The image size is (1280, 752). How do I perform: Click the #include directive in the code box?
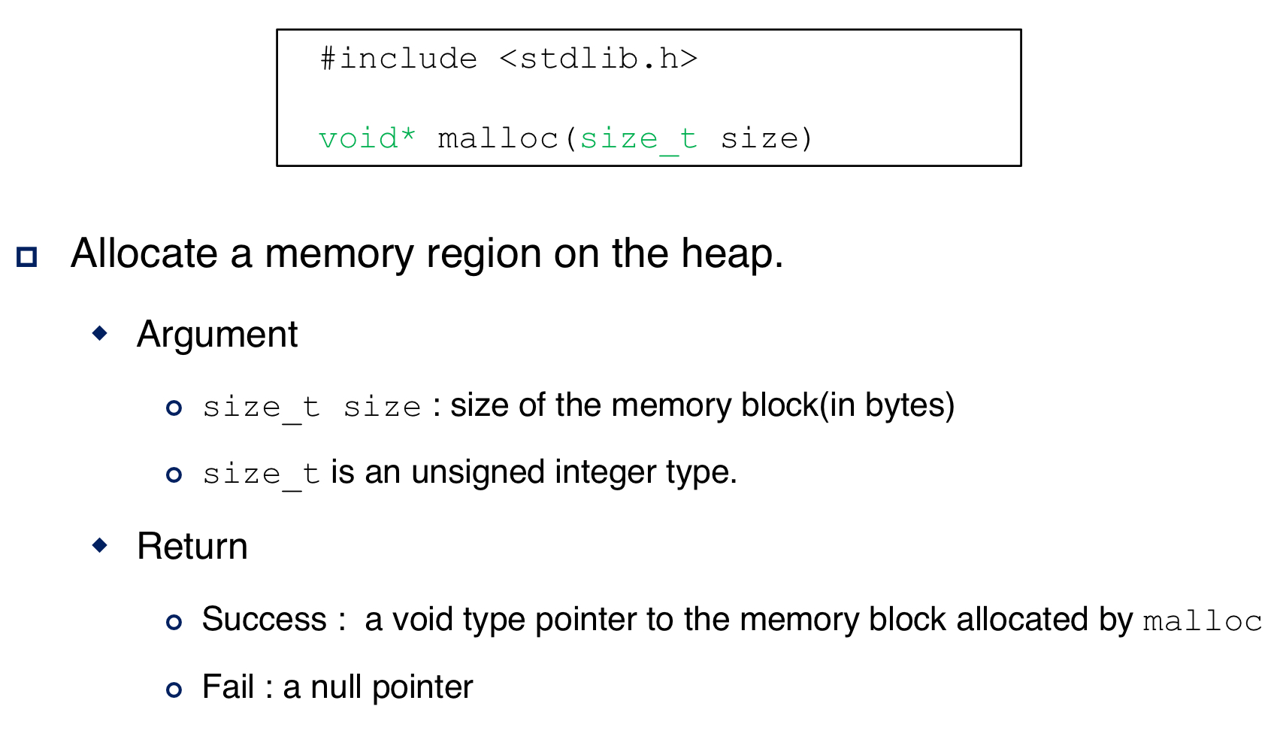(x=398, y=59)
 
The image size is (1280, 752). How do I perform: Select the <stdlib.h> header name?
(x=598, y=59)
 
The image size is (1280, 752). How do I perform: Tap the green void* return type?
(x=367, y=138)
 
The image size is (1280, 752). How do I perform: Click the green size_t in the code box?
(x=638, y=138)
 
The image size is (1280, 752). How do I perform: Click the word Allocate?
(x=144, y=253)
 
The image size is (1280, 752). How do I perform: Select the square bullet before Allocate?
(x=27, y=257)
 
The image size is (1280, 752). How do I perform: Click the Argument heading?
(x=217, y=334)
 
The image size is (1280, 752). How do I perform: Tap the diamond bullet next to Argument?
(x=99, y=332)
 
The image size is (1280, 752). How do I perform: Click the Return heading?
(x=192, y=546)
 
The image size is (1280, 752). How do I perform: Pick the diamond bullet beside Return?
(x=99, y=544)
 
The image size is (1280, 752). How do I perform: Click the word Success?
(x=265, y=620)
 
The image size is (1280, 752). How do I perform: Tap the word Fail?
(x=228, y=687)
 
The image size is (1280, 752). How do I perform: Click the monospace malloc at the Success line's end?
(x=1202, y=622)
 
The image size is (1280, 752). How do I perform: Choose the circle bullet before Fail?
(x=174, y=690)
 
